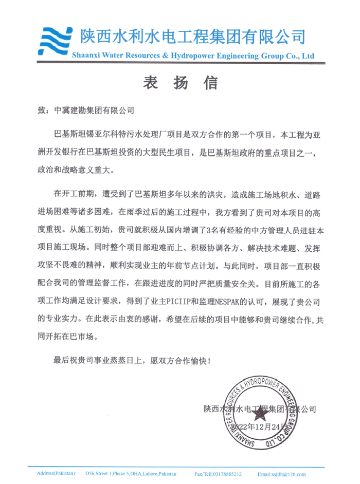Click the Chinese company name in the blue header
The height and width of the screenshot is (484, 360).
point(193,36)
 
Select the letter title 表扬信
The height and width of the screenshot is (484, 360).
point(180,83)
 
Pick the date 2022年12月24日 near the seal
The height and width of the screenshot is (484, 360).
point(257,427)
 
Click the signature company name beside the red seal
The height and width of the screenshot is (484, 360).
point(259,409)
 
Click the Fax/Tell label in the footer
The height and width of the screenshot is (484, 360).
point(204,473)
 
